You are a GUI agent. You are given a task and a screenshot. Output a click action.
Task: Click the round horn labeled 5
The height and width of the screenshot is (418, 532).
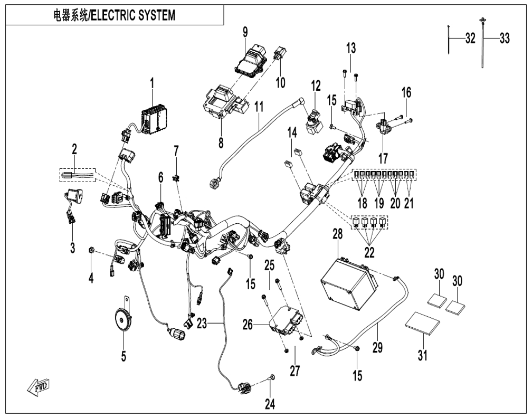click(x=123, y=318)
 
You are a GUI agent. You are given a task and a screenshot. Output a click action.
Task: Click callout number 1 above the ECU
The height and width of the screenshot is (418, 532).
click(x=152, y=83)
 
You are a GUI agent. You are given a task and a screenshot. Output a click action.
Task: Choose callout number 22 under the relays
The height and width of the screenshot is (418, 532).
click(x=369, y=252)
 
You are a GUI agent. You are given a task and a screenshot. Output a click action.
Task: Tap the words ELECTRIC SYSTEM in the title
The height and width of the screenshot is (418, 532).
click(x=134, y=15)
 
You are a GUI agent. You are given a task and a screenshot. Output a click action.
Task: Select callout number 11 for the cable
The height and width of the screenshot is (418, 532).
click(x=259, y=107)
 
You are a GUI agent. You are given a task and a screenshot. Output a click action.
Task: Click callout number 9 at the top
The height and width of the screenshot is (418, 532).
click(x=245, y=32)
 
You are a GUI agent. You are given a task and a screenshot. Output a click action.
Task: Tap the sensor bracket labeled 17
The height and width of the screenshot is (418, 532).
click(x=383, y=128)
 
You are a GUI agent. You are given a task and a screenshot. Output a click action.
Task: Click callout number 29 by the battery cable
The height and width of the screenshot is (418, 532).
click(x=377, y=347)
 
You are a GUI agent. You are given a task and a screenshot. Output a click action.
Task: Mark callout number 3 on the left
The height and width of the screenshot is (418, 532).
click(x=73, y=248)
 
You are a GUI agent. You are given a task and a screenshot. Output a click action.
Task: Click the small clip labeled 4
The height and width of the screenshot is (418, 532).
click(x=91, y=250)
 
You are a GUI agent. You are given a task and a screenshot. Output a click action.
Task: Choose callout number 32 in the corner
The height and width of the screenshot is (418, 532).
click(x=470, y=39)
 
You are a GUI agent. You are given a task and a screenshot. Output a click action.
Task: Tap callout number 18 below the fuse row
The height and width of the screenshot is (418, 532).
click(x=363, y=203)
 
